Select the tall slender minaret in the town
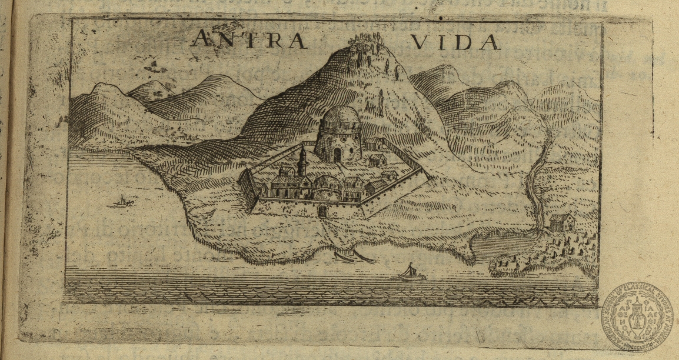pyautogui.click(x=301, y=161)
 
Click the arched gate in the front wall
pyautogui.click(x=322, y=211)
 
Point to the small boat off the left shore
pyautogui.click(x=122, y=202)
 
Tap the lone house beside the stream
pyautogui.click(x=562, y=222)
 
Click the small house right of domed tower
pyautogui.click(x=377, y=159)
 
